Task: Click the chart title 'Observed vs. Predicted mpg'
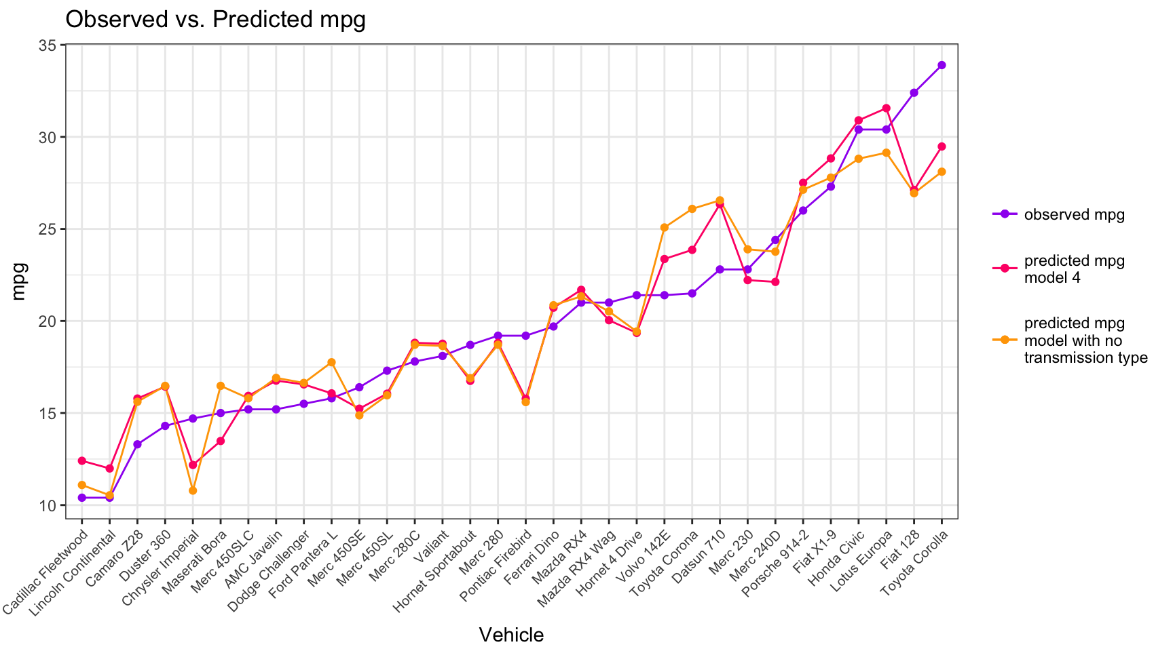[215, 20]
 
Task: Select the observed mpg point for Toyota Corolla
[942, 65]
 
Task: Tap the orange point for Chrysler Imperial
[193, 490]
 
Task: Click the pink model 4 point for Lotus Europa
[886, 108]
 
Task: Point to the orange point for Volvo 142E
[664, 228]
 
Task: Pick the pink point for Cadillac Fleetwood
[82, 461]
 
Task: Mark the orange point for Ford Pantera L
[332, 363]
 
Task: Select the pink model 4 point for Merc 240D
[775, 282]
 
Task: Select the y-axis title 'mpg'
[19, 281]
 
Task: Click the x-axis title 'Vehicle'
[511, 635]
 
